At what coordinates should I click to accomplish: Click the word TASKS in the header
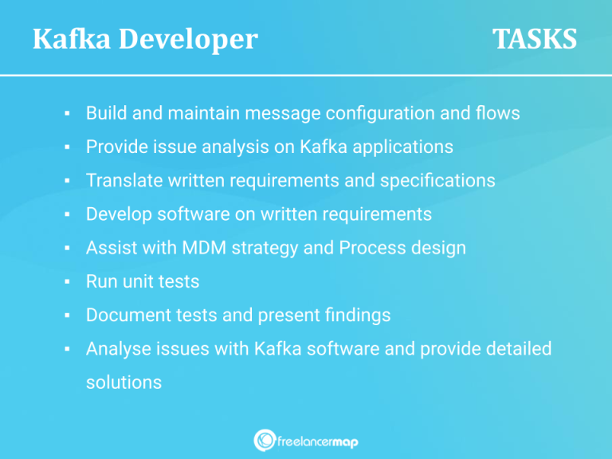click(x=534, y=38)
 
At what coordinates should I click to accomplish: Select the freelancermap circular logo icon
click(x=265, y=440)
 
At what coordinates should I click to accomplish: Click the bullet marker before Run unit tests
click(x=69, y=282)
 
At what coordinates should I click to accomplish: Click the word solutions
click(x=124, y=382)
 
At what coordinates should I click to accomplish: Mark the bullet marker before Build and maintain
click(x=69, y=114)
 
